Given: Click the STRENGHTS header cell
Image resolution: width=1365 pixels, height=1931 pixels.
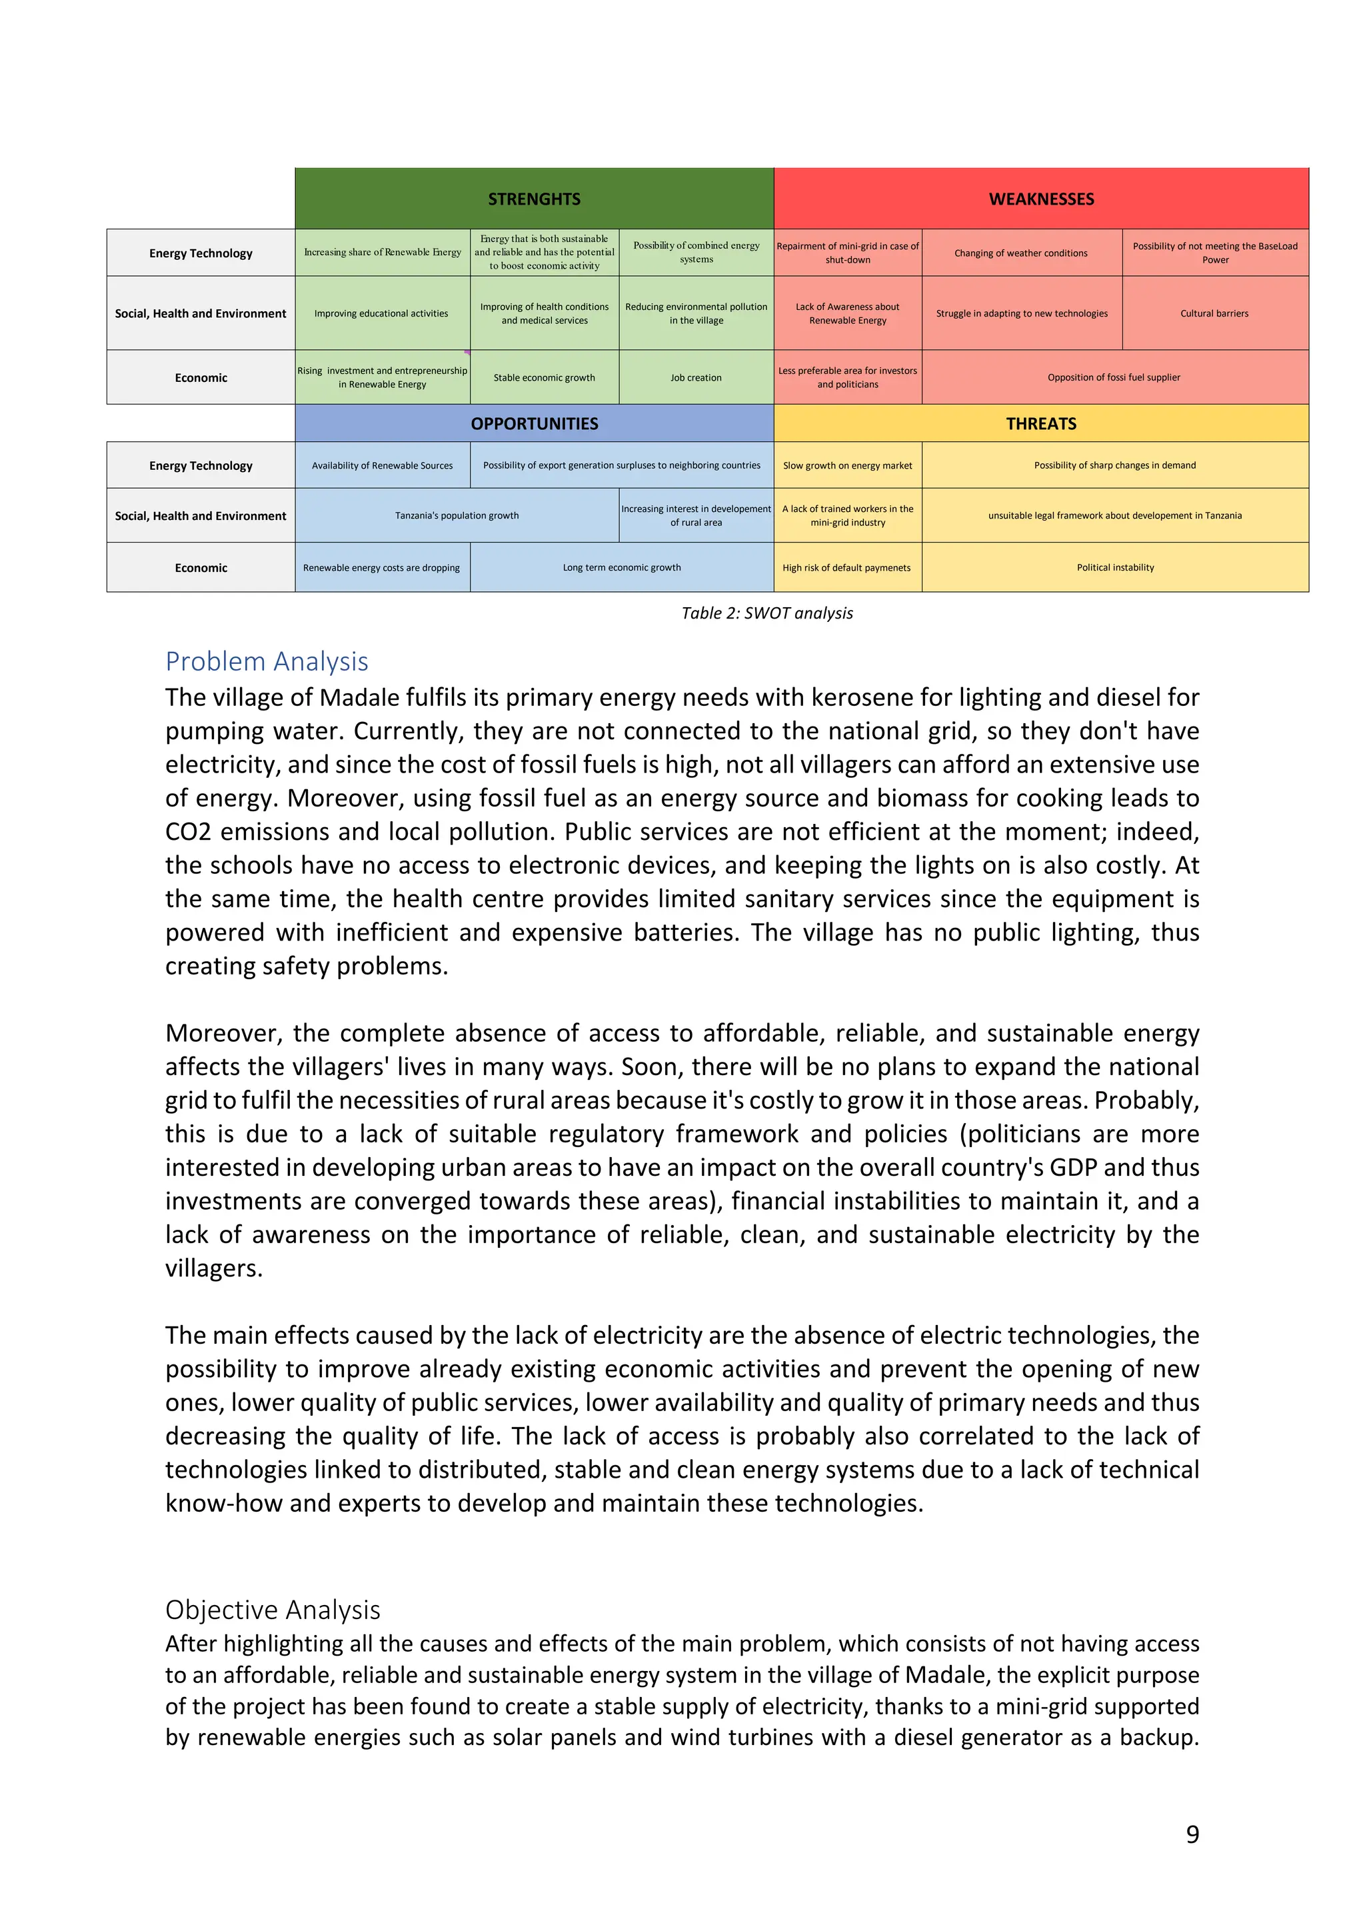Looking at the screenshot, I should [534, 199].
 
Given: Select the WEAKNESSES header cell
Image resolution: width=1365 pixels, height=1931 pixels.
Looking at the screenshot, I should [1040, 199].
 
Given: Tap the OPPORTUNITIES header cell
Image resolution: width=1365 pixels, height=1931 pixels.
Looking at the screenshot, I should [534, 423].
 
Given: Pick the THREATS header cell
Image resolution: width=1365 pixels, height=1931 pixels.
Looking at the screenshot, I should [1040, 423].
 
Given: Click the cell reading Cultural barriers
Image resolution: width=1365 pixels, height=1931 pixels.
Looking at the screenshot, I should [1214, 313].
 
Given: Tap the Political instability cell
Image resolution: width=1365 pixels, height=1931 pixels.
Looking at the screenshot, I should [1114, 568].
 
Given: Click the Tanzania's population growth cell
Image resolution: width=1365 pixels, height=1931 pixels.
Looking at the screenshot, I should [457, 515].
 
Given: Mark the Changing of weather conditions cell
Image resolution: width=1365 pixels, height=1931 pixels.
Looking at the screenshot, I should [1020, 253].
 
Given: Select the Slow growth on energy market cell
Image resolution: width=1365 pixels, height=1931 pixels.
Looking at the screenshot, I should [847, 465].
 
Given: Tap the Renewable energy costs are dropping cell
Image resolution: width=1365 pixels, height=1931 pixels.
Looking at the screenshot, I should [381, 568].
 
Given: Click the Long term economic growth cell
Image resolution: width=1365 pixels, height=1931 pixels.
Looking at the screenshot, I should [622, 568].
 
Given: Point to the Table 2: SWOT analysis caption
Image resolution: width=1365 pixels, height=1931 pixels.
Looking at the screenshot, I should [766, 613].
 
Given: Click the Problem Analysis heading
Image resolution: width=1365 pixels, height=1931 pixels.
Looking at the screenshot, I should [267, 661].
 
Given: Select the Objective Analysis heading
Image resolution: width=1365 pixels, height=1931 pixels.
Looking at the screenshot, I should [273, 1609].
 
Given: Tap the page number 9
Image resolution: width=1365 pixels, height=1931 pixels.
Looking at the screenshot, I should [1192, 1834].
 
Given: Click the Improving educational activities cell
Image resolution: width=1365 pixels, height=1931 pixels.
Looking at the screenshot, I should [381, 313].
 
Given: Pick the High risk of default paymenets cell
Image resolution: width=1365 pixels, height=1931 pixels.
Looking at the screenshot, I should [846, 568].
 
